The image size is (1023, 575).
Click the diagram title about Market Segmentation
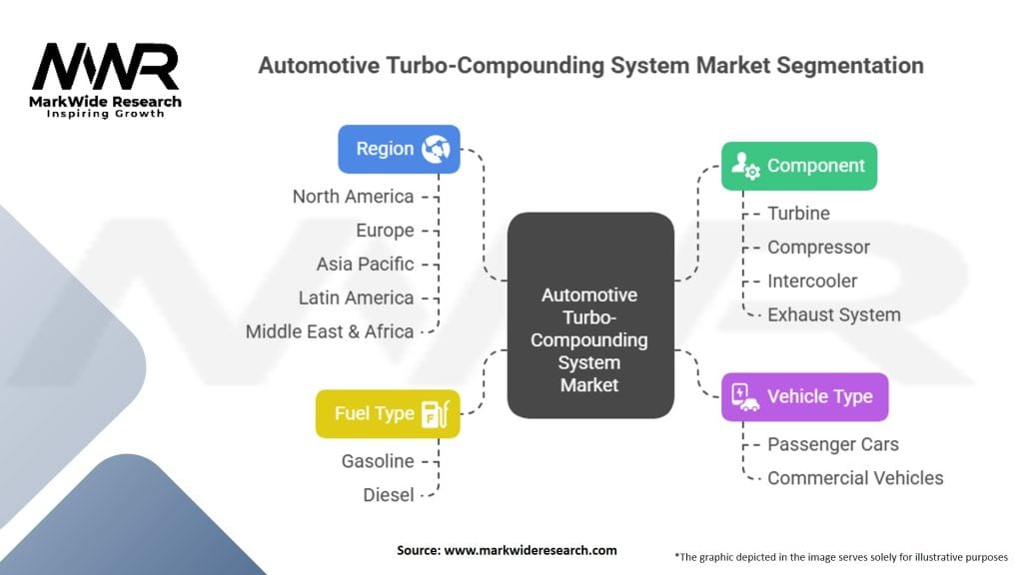point(590,66)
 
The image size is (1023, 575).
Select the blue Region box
point(399,149)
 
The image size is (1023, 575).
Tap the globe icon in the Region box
point(436,150)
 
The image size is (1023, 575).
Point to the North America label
point(353,197)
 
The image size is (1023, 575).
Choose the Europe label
point(385,231)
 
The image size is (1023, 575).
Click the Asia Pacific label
point(365,265)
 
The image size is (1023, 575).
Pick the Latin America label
point(356,297)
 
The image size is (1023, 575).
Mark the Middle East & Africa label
point(330,331)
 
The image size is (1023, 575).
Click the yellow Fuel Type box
point(388,413)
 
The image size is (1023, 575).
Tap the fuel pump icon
point(435,413)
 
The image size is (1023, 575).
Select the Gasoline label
point(378,461)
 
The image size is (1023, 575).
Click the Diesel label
point(389,494)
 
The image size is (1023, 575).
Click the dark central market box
point(589,314)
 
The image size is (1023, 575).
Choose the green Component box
point(799,166)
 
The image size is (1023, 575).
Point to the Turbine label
point(798,213)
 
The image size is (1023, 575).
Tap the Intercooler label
point(811,281)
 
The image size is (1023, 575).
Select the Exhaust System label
point(833,314)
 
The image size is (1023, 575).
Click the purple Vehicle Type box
point(804,396)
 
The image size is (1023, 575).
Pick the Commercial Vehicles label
point(855,477)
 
